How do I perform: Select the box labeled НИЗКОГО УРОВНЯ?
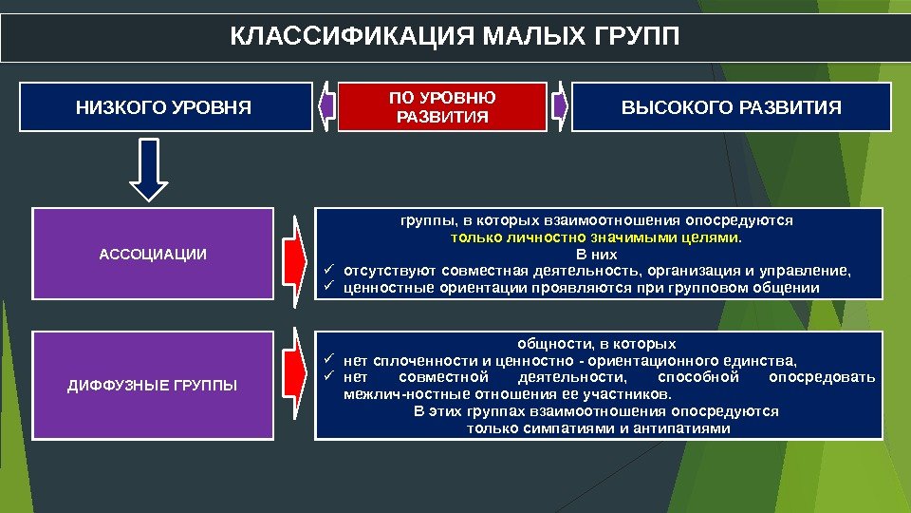pyautogui.click(x=163, y=106)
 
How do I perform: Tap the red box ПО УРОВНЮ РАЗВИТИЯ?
pyautogui.click(x=442, y=106)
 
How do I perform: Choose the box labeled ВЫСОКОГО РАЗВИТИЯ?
pyautogui.click(x=731, y=106)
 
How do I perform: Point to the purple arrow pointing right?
pyautogui.click(x=559, y=105)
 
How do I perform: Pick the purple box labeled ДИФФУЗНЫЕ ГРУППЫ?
pyautogui.click(x=152, y=385)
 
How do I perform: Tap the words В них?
pyautogui.click(x=597, y=254)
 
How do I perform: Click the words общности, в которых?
pyautogui.click(x=597, y=343)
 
